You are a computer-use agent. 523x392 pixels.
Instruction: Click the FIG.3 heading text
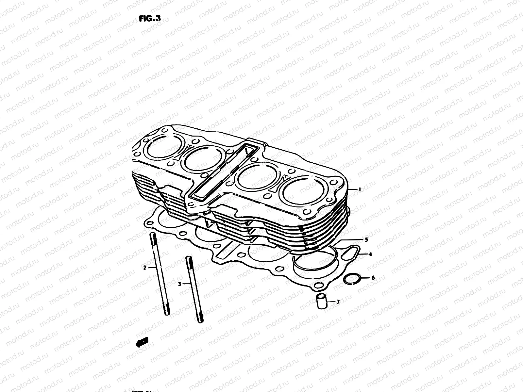coord(150,18)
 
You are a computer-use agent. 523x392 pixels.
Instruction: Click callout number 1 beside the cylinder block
coord(360,189)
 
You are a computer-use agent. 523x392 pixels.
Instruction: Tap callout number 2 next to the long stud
coord(144,268)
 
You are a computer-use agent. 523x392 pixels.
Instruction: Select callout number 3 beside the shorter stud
coord(179,284)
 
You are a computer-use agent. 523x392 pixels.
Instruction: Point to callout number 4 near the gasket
coord(370,254)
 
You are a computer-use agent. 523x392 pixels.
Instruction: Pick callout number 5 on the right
coord(366,240)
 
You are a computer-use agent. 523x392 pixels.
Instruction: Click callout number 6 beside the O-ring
coord(373,278)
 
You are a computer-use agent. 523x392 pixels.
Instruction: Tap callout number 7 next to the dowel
coord(338,302)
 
